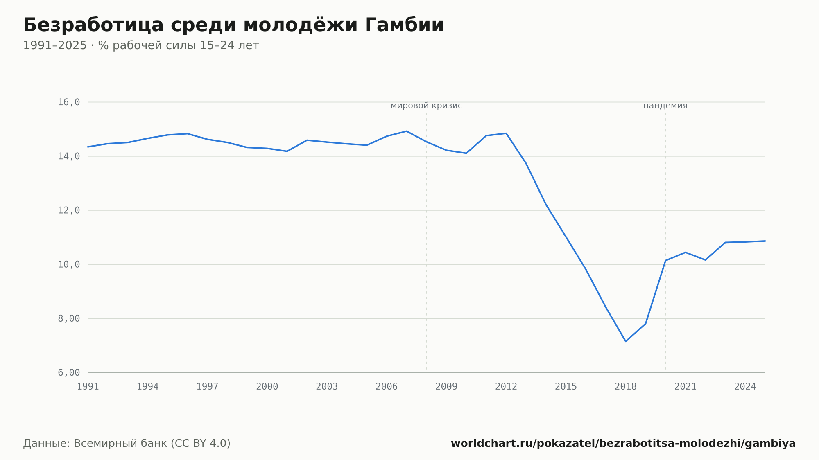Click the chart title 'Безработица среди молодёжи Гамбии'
pyautogui.click(x=233, y=25)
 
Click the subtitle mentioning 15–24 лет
pyautogui.click(x=141, y=45)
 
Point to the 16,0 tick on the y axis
pyautogui.click(x=69, y=102)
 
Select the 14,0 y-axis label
pyautogui.click(x=69, y=156)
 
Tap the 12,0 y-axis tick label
pyautogui.click(x=69, y=210)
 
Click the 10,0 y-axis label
pyautogui.click(x=69, y=264)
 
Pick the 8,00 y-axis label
pyautogui.click(x=69, y=318)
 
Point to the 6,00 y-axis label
pyautogui.click(x=69, y=372)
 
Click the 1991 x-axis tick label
pyautogui.click(x=88, y=387)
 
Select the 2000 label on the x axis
pyautogui.click(x=267, y=387)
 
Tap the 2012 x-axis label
pyautogui.click(x=506, y=387)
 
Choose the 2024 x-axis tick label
pyautogui.click(x=745, y=387)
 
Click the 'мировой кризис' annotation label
pyautogui.click(x=426, y=106)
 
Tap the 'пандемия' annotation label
pyautogui.click(x=665, y=106)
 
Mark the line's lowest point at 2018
pyautogui.click(x=626, y=341)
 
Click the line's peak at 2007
pyautogui.click(x=406, y=131)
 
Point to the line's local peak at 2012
pyautogui.click(x=506, y=133)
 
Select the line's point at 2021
pyautogui.click(x=686, y=252)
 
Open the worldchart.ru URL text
pyautogui.click(x=623, y=444)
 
